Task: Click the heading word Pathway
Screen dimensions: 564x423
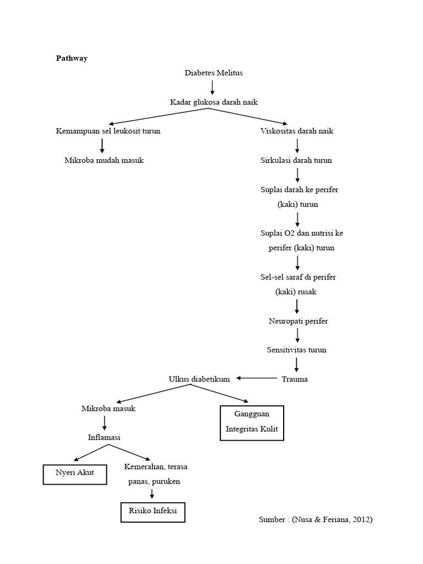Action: [72, 58]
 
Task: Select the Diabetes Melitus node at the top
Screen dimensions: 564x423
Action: [213, 73]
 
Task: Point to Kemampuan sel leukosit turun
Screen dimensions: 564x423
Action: [109, 131]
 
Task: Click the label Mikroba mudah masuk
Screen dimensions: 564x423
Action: [104, 160]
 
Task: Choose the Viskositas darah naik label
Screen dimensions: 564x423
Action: [297, 131]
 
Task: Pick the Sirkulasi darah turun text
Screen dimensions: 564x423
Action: [296, 160]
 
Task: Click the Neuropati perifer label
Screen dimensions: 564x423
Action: [298, 321]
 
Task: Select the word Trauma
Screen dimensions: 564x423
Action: [295, 379]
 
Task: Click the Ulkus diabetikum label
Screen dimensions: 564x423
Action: [199, 378]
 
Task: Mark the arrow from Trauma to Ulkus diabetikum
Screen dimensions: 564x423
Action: [257, 378]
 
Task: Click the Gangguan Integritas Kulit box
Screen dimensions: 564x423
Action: [252, 423]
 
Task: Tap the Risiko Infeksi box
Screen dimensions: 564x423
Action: [153, 511]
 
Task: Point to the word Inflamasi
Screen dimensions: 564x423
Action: [104, 437]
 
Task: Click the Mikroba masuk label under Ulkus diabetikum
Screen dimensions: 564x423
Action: [109, 409]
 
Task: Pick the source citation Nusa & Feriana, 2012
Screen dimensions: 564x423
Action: [315, 519]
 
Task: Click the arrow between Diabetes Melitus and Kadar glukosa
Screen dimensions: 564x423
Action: [213, 87]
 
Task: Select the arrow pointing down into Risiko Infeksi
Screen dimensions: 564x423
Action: [152, 493]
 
